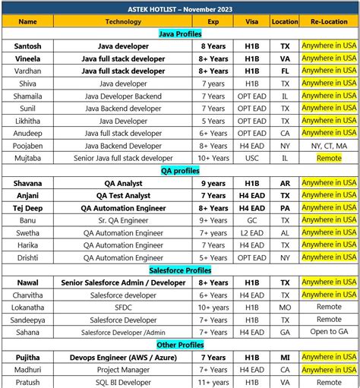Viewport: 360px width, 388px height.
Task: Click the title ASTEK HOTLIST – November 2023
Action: (x=179, y=8)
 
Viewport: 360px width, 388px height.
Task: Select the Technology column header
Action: (x=123, y=21)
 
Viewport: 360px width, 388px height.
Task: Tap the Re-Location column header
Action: (x=329, y=21)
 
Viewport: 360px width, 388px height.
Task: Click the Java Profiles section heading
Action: (x=180, y=34)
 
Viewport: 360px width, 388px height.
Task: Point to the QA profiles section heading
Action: (x=180, y=171)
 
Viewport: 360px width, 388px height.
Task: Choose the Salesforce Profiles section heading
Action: (x=180, y=270)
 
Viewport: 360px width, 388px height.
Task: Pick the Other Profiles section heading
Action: (x=180, y=345)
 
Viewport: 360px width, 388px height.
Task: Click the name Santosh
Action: (x=27, y=46)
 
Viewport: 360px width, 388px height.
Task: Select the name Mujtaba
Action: (x=27, y=158)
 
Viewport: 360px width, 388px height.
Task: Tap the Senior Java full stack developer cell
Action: (x=123, y=158)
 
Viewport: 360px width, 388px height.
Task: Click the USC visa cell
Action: (x=251, y=158)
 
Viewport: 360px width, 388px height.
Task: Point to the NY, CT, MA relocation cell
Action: (x=329, y=145)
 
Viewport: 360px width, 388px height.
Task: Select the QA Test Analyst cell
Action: (x=123, y=195)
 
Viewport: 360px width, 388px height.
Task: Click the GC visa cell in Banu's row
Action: (x=251, y=220)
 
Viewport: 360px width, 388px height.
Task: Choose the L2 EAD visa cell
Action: (x=251, y=232)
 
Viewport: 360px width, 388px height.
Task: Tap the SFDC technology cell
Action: (x=123, y=307)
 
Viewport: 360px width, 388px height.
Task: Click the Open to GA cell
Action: (x=329, y=332)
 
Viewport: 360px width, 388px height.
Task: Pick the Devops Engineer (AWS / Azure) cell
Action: (x=123, y=357)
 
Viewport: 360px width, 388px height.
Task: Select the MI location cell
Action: (x=284, y=357)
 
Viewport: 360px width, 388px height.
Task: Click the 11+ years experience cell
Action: (x=213, y=382)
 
